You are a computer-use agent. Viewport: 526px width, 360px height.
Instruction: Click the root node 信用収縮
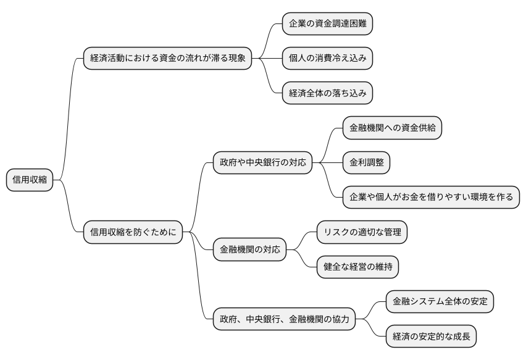(29, 180)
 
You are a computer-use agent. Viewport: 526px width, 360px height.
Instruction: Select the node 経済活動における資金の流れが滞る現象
(167, 59)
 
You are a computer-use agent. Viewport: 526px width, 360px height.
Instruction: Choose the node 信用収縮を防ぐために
(133, 232)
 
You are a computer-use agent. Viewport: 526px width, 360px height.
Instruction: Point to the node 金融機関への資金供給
(392, 128)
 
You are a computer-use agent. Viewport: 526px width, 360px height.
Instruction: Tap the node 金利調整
(366, 163)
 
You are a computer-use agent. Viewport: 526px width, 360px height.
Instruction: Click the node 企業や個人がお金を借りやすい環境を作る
(431, 198)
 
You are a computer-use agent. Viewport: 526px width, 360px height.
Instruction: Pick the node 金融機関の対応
(249, 249)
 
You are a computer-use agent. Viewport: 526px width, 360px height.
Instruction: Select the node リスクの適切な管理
(362, 232)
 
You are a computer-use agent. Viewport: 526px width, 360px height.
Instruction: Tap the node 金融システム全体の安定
(440, 302)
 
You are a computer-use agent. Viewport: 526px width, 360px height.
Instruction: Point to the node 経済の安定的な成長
(431, 337)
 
